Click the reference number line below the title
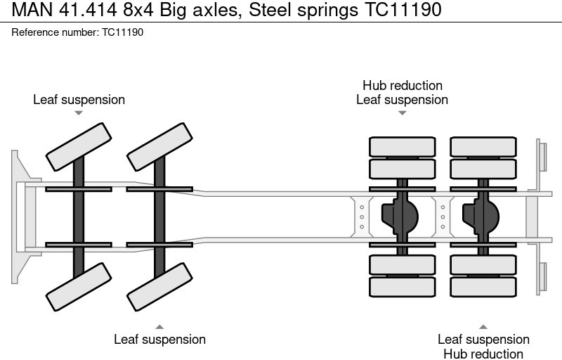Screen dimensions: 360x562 pos(77,32)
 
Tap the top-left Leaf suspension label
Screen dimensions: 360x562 pos(79,100)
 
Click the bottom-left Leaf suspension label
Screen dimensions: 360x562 pos(159,340)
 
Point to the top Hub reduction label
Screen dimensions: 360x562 pos(402,86)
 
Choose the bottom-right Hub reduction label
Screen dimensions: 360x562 pos(483,354)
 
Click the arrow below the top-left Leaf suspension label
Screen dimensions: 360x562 pos(79,113)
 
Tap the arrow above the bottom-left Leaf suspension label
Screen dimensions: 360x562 pos(159,326)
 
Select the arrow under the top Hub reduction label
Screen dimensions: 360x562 pos(402,112)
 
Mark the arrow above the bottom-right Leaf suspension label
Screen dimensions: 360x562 pos(483,327)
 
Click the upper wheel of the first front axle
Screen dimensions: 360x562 pos(79,146)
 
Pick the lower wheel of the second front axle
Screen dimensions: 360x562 pos(159,286)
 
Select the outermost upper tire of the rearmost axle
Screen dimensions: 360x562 pos(483,147)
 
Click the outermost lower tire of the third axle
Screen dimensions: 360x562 pos(402,286)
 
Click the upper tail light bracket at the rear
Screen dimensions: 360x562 pos(542,155)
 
